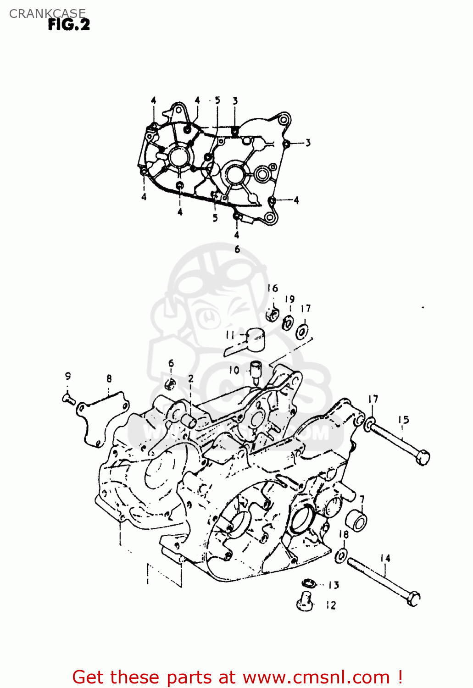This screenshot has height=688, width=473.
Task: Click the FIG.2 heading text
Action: pos(69,24)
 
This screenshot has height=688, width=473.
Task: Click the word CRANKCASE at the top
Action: pos(47,14)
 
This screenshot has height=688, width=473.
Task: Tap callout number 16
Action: pos(273,288)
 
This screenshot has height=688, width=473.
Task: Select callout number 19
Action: pos(289,300)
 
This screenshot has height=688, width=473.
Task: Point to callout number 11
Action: pos(230,336)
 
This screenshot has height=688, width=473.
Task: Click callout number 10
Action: pos(234,370)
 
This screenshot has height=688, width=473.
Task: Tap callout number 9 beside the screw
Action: pos(68,377)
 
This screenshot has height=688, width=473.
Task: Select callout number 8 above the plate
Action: pos(109,379)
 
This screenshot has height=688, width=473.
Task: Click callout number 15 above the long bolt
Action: pos(403,420)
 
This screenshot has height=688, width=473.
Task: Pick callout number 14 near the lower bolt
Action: pos(385,558)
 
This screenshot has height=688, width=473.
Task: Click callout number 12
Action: pos(331,605)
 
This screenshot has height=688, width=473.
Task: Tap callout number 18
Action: pos(344,534)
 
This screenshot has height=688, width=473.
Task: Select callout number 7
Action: pos(362,499)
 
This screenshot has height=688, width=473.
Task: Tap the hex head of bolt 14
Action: pos(414,598)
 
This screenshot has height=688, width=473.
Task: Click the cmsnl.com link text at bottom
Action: pos(316,677)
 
